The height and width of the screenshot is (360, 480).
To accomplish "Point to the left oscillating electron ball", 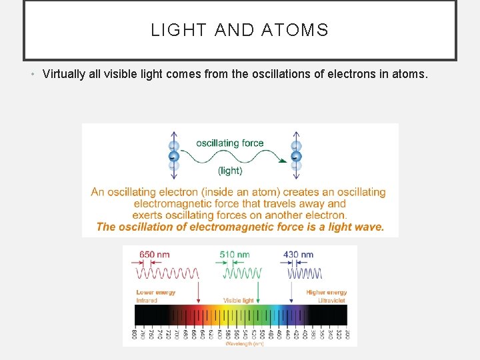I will pyautogui.click(x=174, y=157).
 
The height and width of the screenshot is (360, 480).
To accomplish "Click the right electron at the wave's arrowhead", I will pyautogui.click(x=296, y=157).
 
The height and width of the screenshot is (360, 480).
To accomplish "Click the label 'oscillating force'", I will pyautogui.click(x=230, y=143).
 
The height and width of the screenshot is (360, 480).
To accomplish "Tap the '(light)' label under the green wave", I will pyautogui.click(x=230, y=171).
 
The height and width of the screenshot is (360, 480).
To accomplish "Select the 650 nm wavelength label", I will pyautogui.click(x=154, y=255).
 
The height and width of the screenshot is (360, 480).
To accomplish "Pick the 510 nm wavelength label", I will pyautogui.click(x=235, y=255).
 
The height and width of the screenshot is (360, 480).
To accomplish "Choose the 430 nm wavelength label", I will pyautogui.click(x=298, y=255).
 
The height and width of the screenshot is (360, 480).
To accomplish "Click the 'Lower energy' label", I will pyautogui.click(x=155, y=293).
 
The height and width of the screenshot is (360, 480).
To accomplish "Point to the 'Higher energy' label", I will pyautogui.click(x=327, y=293).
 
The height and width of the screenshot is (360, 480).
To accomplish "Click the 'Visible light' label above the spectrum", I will pyautogui.click(x=238, y=301).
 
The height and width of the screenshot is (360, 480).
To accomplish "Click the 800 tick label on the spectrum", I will pyautogui.click(x=135, y=334).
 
